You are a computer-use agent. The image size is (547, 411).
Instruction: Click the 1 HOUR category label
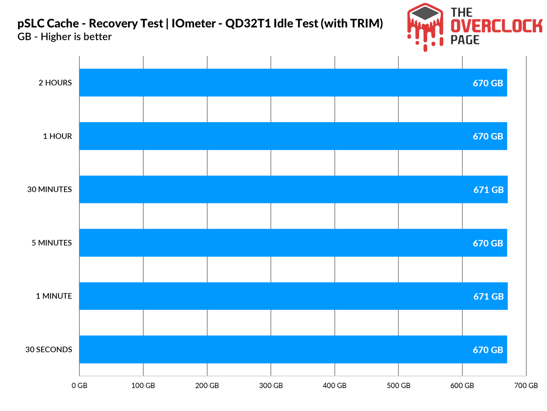[x=57, y=136]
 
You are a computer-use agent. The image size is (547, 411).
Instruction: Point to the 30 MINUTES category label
[x=50, y=189]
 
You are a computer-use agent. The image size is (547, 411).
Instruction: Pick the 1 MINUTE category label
[x=54, y=296]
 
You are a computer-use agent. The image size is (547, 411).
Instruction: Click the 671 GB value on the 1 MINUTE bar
[x=488, y=296]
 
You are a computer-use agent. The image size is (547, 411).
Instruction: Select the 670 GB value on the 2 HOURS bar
[x=488, y=83]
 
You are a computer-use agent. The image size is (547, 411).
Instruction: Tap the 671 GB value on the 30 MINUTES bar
[x=488, y=190]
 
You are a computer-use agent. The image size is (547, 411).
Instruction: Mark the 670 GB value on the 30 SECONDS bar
[x=488, y=350]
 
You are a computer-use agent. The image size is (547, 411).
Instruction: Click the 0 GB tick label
[x=79, y=386]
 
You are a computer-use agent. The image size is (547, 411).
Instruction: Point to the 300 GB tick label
[x=271, y=386]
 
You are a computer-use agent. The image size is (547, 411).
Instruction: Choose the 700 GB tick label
[x=526, y=386]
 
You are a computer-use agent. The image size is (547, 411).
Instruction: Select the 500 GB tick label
[x=398, y=386]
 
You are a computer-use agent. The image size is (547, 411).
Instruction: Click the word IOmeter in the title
[x=194, y=24]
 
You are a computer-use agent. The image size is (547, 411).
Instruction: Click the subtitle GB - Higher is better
[x=65, y=37]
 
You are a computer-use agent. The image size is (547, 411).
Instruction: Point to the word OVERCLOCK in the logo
[x=496, y=26]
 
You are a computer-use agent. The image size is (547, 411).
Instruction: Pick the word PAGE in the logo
[x=465, y=40]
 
